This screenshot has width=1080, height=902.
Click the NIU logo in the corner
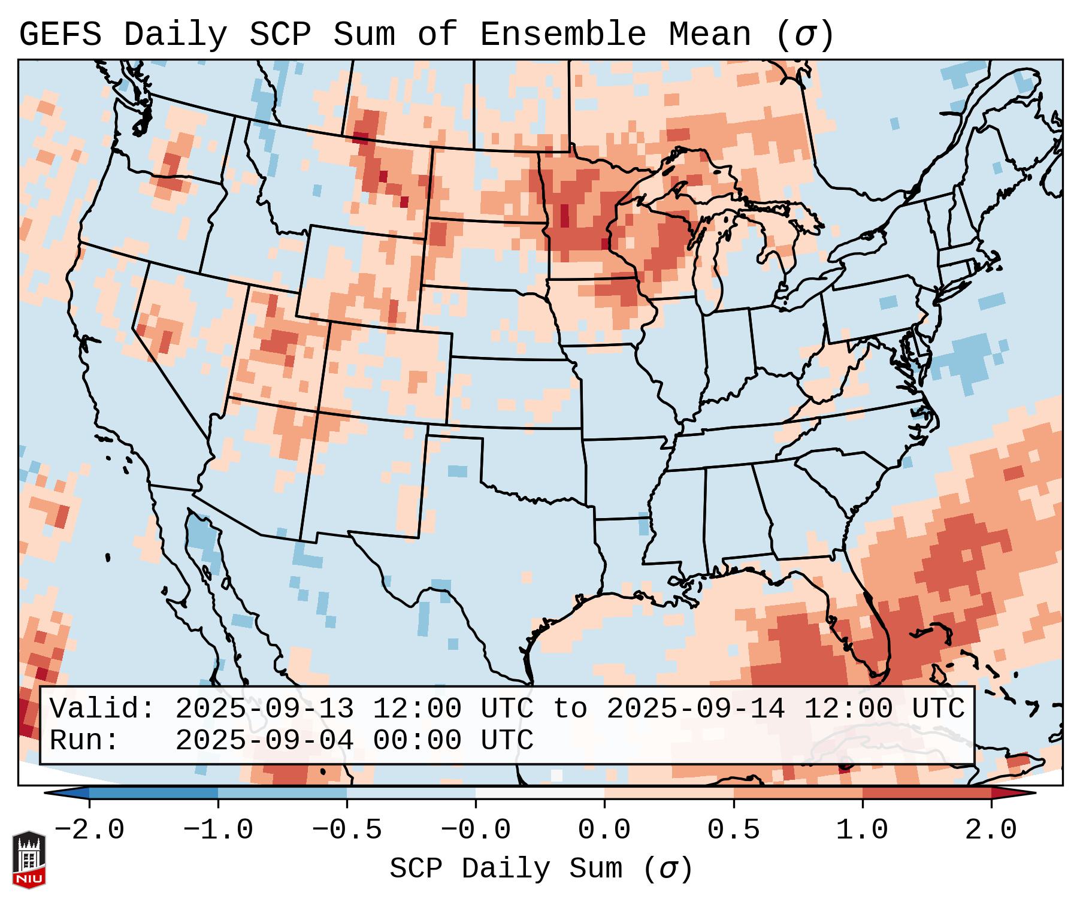tap(29, 859)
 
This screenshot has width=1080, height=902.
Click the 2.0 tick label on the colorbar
tap(991, 830)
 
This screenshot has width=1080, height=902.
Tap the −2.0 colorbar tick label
tap(89, 830)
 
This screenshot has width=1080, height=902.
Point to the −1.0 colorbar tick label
tap(218, 830)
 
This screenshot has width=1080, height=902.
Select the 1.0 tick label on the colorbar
tap(862, 830)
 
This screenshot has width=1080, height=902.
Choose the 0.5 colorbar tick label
tap(733, 830)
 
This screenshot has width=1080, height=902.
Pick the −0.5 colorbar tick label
tap(347, 830)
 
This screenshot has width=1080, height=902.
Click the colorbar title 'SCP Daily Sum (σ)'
tap(540, 868)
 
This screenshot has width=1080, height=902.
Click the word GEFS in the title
tap(60, 35)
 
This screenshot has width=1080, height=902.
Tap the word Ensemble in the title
tap(562, 35)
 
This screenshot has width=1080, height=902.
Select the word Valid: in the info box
tap(102, 709)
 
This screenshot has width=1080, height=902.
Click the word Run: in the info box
tap(84, 741)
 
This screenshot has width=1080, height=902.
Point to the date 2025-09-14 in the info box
tap(695, 709)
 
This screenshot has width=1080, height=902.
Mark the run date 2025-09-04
tap(264, 741)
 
